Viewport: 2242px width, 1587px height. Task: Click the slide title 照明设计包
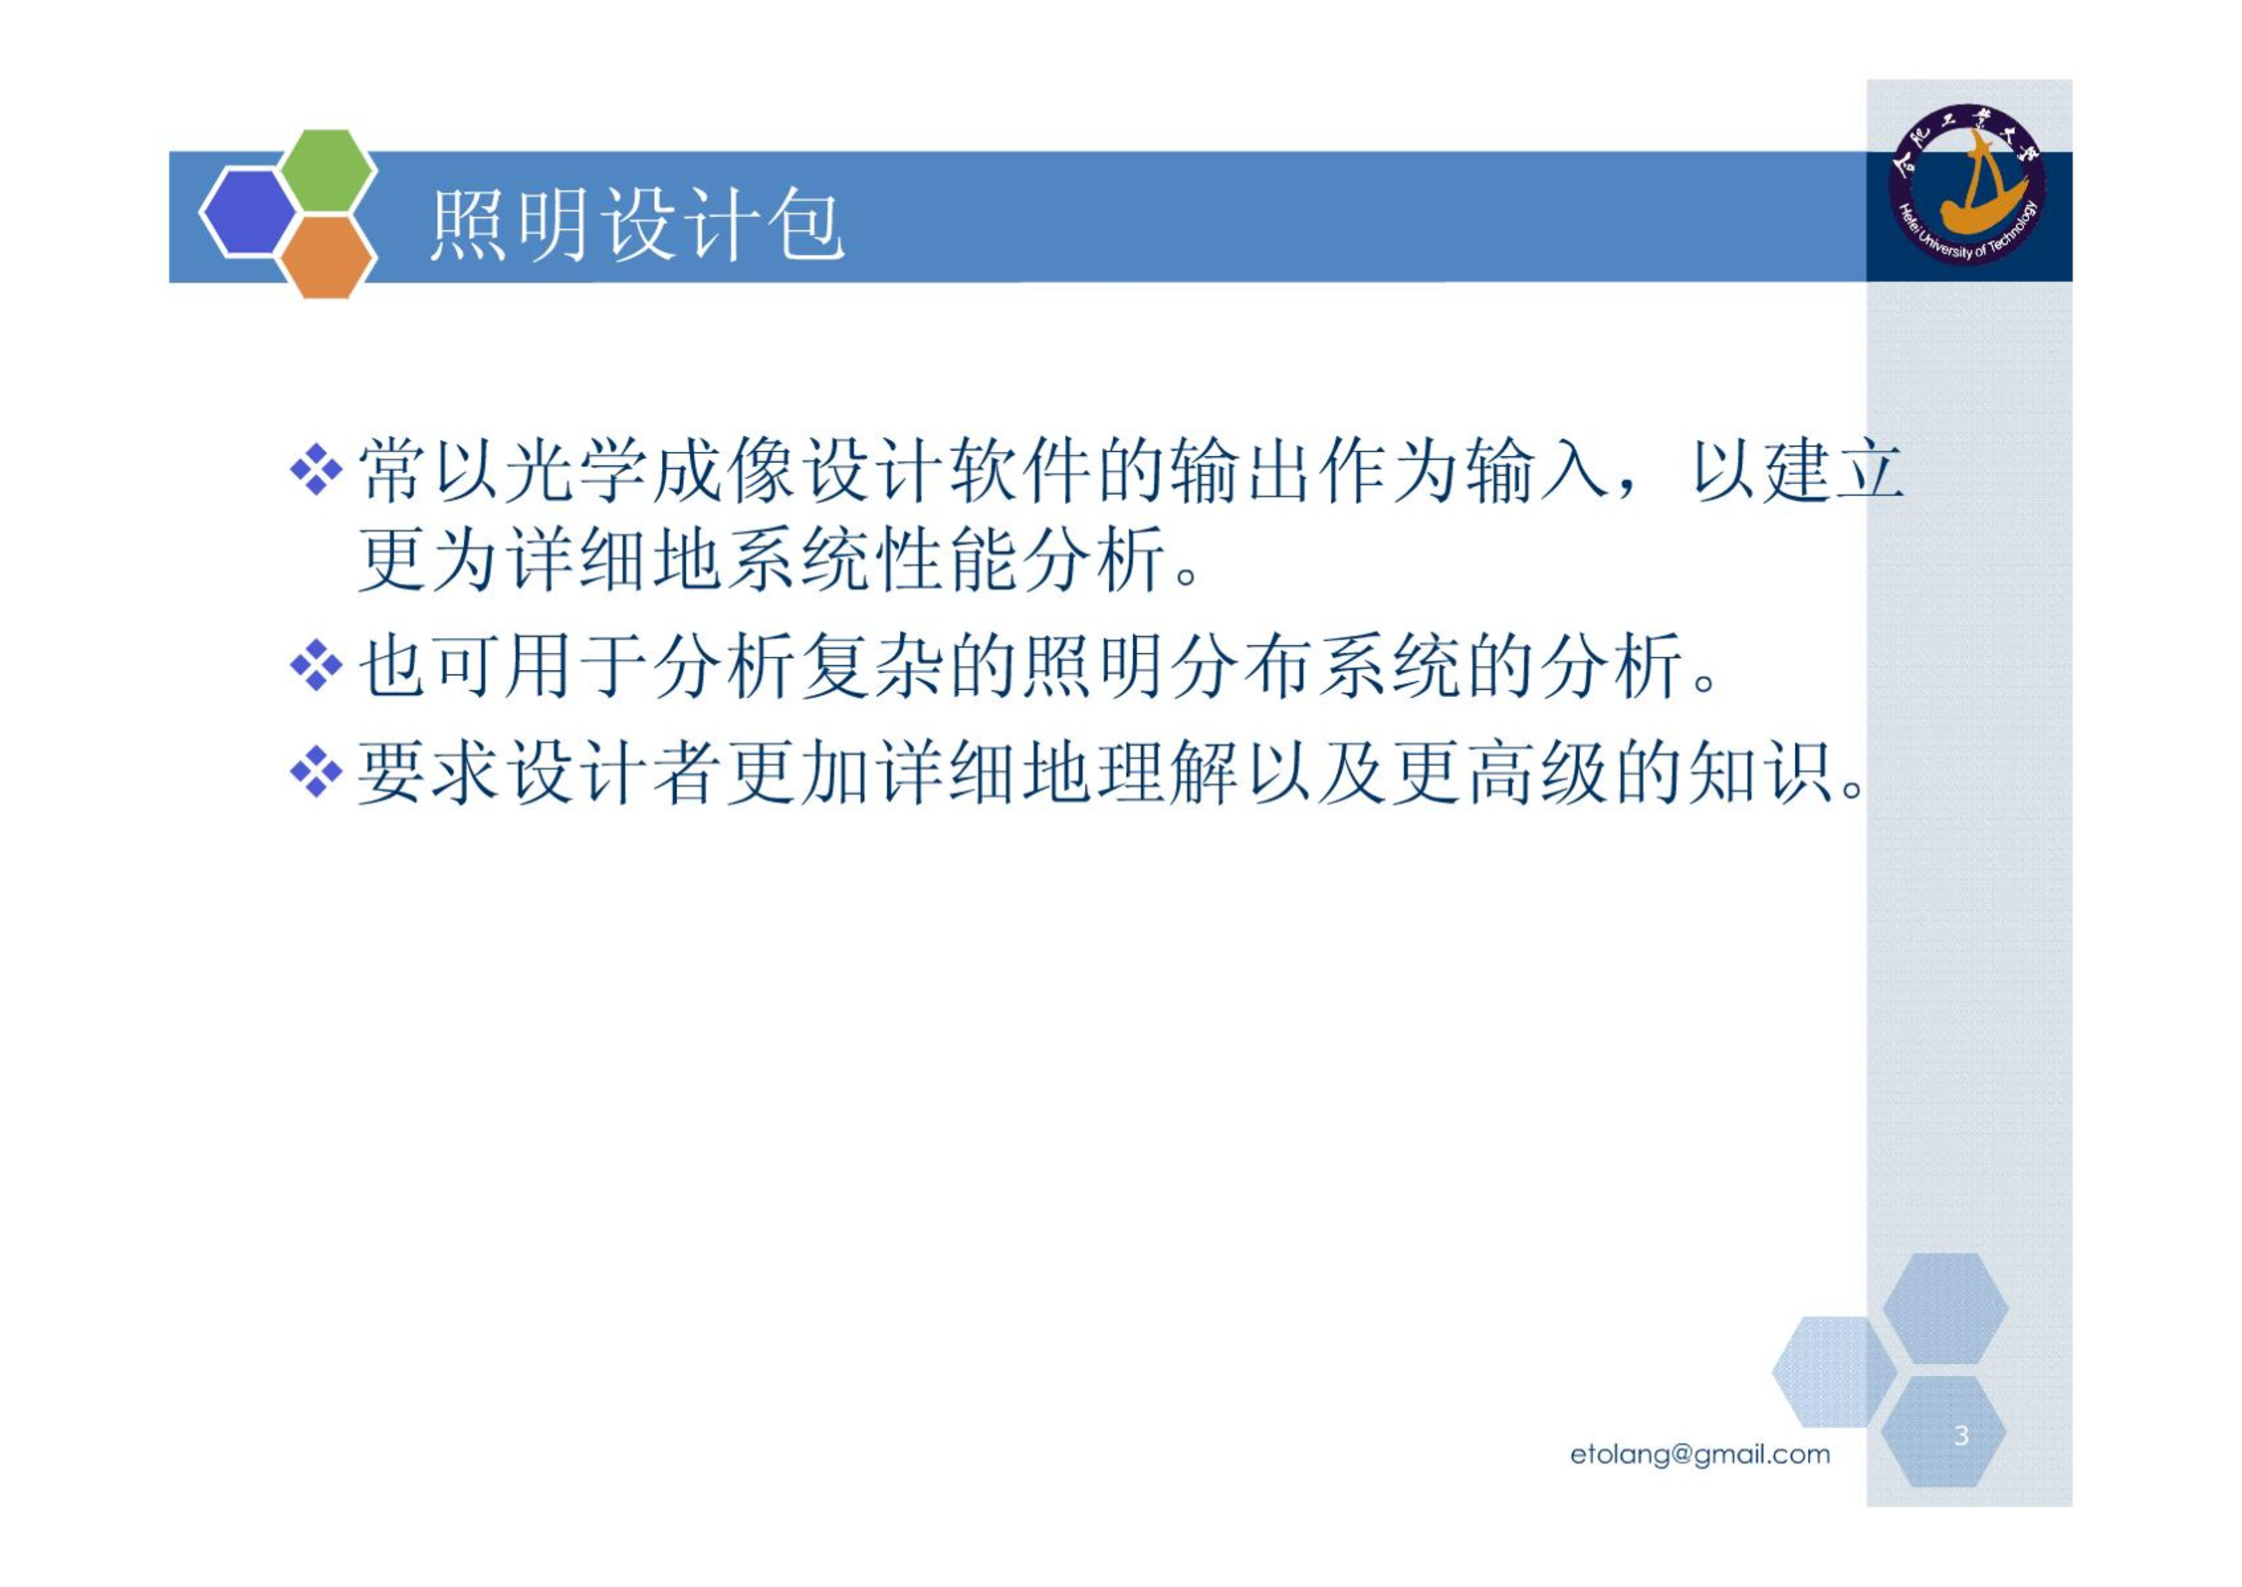(637, 225)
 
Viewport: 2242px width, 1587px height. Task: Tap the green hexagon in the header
(328, 169)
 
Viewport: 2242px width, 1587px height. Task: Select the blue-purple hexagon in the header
(248, 213)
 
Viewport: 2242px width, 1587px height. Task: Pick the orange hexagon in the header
(328, 257)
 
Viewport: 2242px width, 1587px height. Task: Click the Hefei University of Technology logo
(1967, 184)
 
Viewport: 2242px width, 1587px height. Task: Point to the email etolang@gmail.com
(1699, 1455)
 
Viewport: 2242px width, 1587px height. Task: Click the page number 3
(1960, 1436)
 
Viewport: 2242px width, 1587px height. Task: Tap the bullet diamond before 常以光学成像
(317, 469)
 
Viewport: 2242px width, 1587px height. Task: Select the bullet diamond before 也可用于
(317, 665)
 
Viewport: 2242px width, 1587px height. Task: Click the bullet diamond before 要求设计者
(317, 772)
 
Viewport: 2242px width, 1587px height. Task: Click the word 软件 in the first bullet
(1022, 470)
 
